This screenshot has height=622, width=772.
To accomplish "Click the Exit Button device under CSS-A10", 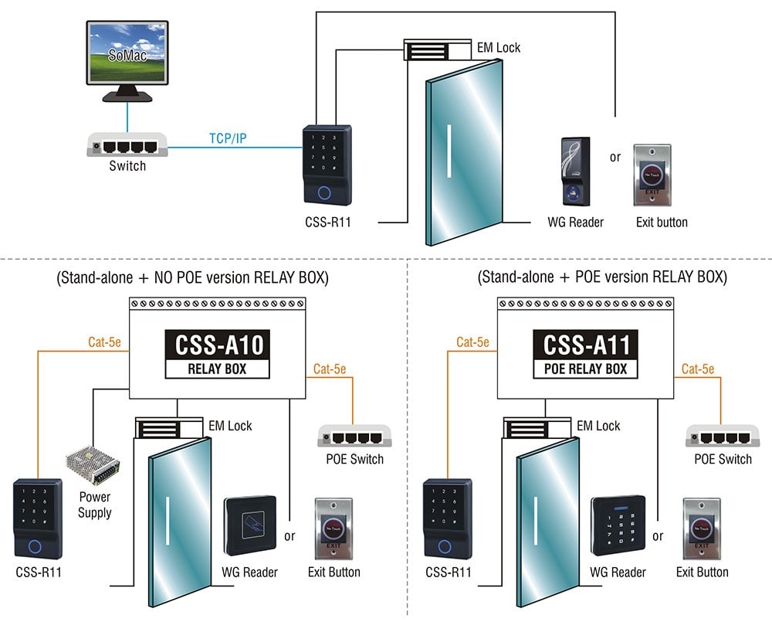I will point(333,529).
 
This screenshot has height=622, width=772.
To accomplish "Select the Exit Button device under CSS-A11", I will point(701,530).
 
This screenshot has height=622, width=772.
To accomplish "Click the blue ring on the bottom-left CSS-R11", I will point(35,547).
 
